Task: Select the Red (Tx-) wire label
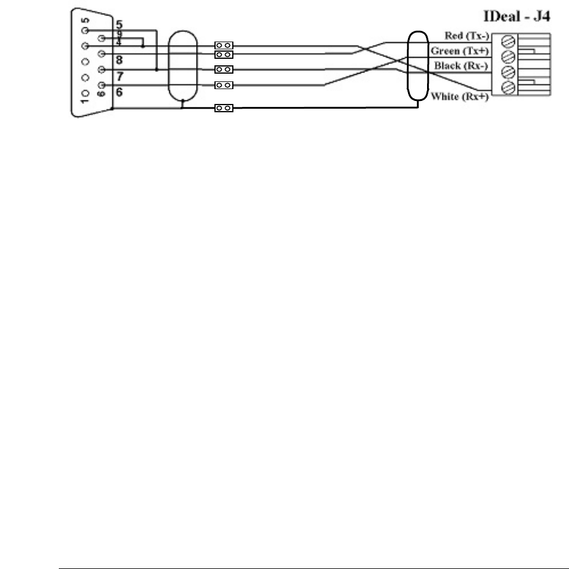(466, 37)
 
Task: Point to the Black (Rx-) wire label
(461, 65)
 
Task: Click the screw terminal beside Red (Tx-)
(508, 42)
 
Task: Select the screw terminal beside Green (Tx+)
(508, 57)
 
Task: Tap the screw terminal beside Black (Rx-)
(508, 72)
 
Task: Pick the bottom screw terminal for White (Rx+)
(508, 88)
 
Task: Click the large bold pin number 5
(119, 26)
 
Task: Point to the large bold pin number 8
(119, 59)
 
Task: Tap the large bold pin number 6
(119, 93)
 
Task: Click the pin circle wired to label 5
(86, 30)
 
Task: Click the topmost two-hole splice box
(224, 45)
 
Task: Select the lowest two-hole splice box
(224, 108)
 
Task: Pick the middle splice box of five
(224, 69)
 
